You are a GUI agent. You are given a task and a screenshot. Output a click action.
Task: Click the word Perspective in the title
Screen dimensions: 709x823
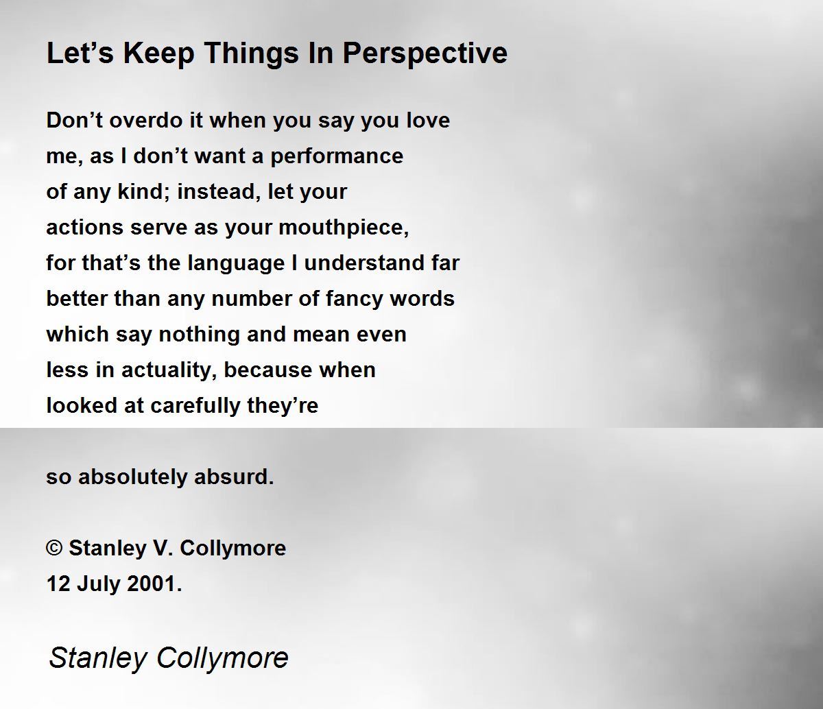[x=425, y=53]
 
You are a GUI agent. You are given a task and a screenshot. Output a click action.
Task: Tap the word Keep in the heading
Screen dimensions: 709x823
[x=158, y=53]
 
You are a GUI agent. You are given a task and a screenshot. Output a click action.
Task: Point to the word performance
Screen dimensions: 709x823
[x=337, y=156]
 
